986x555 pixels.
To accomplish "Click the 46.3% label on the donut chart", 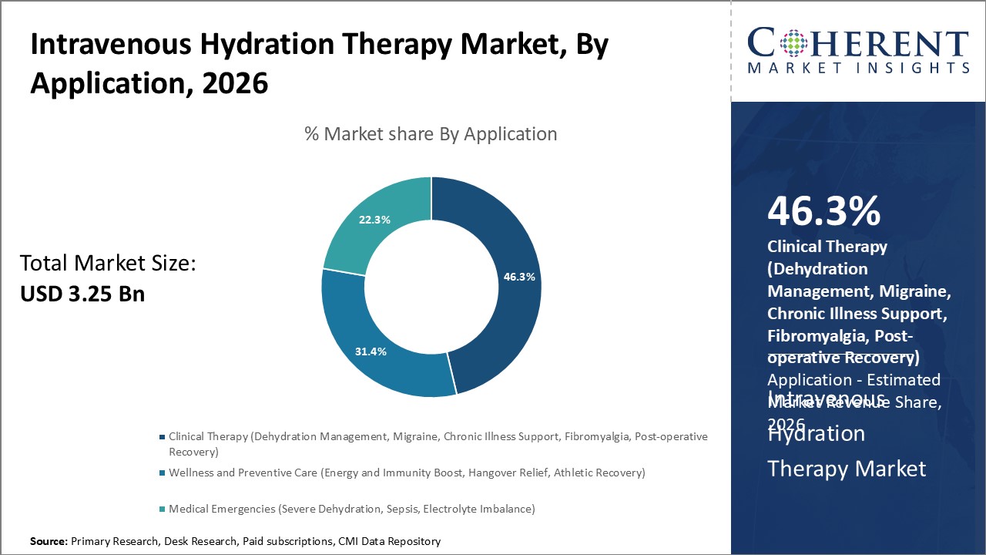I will click(x=520, y=277).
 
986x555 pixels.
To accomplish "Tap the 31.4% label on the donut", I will click(x=371, y=351).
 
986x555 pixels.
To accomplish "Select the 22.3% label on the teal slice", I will click(x=374, y=220).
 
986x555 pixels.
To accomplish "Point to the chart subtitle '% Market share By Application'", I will click(x=431, y=134).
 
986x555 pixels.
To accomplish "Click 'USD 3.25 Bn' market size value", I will click(x=82, y=294).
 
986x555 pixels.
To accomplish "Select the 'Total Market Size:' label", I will click(x=108, y=264).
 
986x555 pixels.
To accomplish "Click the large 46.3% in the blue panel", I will click(x=823, y=211).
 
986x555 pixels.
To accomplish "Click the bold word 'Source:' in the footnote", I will click(x=49, y=541).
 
